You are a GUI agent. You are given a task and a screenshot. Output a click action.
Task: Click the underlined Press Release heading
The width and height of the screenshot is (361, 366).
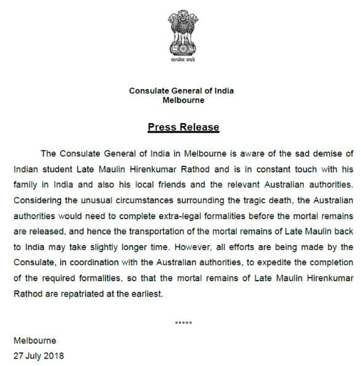(183, 127)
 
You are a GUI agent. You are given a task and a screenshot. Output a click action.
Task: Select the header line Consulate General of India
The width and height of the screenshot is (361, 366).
(181, 91)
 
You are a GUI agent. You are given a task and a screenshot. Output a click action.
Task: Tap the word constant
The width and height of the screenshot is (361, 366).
(257, 167)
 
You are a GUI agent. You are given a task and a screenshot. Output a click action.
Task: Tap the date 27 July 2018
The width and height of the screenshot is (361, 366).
(39, 355)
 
